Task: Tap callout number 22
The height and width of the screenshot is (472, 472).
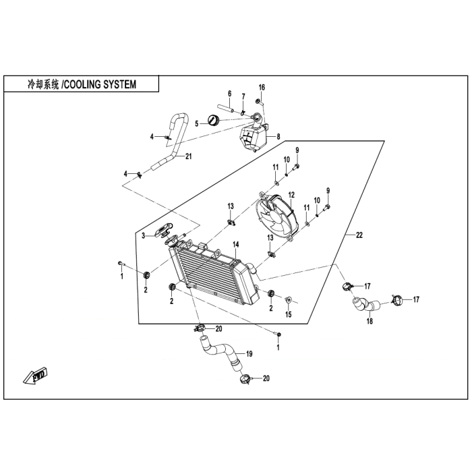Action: point(359,235)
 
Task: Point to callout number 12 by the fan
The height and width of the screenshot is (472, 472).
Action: point(292,196)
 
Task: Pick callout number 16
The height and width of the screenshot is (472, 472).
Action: point(262,88)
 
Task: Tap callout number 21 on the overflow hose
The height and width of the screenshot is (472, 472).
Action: point(189,157)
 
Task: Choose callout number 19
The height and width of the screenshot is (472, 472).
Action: point(249,353)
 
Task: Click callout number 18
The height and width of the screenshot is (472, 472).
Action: point(369,322)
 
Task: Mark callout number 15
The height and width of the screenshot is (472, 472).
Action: point(288,315)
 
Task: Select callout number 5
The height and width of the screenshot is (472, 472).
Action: point(197,123)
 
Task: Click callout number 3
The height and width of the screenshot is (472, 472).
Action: point(143,235)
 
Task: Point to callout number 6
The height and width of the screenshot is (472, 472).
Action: point(229,93)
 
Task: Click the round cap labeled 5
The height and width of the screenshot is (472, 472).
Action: point(214,121)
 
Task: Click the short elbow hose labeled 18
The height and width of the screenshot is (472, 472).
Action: point(364,304)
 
